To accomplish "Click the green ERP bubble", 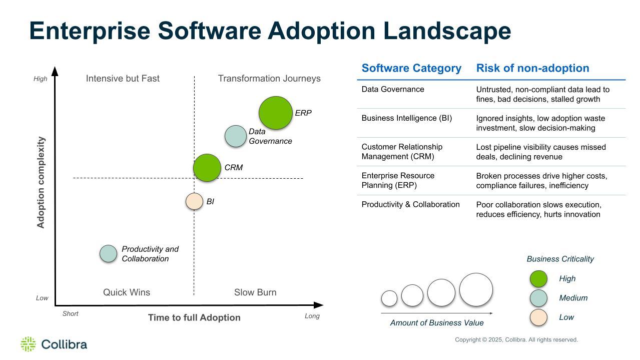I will tap(275, 113).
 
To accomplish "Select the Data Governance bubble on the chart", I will tap(235, 136).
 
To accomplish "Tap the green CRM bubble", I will tap(207, 168).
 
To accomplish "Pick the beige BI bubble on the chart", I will tap(194, 201).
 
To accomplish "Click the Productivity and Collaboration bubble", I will tap(108, 254).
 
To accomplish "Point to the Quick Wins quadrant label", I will tap(127, 292).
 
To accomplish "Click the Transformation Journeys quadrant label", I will tap(269, 79).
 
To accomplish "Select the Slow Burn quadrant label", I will tap(255, 292).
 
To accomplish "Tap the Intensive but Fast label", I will tap(123, 79).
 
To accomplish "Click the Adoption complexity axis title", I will tap(41, 182).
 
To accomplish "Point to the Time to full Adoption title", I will tap(194, 317).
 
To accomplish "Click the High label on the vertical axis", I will tap(41, 79).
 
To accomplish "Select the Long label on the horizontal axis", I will tap(312, 316).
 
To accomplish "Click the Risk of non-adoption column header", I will tap(532, 68).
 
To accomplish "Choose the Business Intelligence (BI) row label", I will tap(406, 118).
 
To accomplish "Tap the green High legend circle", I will tap(538, 279).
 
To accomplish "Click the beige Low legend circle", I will tap(538, 317).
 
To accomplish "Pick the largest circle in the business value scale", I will tap(476, 289).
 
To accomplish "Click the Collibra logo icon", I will tap(28, 344).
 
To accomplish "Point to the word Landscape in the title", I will tap(447, 31).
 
